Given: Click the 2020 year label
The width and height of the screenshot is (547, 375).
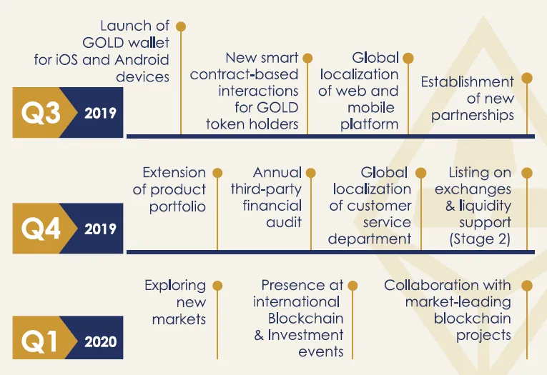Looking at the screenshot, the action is [101, 341].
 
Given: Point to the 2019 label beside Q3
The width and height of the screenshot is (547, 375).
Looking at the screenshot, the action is [101, 114].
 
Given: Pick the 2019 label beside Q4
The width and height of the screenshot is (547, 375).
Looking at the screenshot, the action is [101, 229].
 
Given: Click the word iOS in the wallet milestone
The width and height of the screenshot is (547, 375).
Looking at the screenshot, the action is [66, 59].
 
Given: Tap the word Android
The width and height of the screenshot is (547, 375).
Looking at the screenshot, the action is [142, 59].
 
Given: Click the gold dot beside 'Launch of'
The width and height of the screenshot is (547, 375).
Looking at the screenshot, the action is [181, 26].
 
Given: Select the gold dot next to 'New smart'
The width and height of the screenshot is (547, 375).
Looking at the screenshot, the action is [307, 58].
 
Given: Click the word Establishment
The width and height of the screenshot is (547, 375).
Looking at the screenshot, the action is [467, 82].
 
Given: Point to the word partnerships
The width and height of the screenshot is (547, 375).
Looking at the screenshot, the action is [473, 116].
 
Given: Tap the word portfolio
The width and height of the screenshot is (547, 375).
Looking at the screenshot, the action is [177, 206].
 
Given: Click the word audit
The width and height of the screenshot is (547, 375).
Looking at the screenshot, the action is [284, 222].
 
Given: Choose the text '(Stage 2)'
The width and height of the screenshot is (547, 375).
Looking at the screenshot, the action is [480, 239].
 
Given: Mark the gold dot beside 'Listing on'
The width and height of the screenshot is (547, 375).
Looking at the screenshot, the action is [527, 173].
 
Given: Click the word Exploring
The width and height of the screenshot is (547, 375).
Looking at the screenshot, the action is [175, 286].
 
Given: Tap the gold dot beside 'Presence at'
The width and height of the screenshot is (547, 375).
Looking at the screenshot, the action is [353, 286].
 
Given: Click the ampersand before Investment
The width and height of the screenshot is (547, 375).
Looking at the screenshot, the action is [259, 335].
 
